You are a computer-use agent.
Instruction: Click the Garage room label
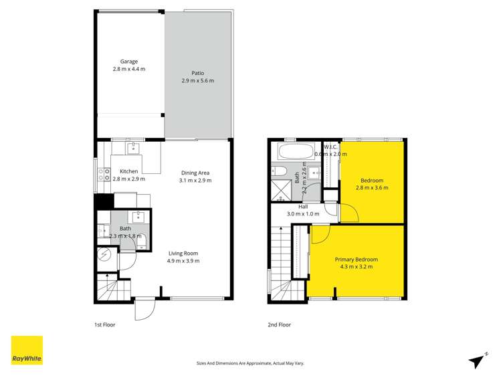tap(129, 62)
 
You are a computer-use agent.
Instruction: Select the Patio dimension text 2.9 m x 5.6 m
tap(197, 81)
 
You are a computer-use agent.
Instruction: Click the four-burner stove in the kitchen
tap(105, 175)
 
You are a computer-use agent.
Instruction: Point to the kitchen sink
tap(133, 148)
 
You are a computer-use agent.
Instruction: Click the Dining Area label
tap(195, 173)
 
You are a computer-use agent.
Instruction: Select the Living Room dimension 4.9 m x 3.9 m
tap(183, 261)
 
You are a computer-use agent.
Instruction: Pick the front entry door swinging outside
tap(144, 309)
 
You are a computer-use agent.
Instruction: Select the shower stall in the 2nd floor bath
tap(281, 191)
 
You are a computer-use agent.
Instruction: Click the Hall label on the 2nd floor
tap(294, 207)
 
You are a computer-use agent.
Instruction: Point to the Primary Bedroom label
tap(356, 260)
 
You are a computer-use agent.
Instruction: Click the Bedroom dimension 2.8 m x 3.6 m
tap(372, 188)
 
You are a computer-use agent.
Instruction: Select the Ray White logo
tap(27, 350)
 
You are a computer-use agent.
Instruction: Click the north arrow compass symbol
tap(478, 360)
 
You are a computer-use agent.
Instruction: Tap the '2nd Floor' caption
tap(279, 325)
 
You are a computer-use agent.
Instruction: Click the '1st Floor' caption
tap(105, 325)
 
